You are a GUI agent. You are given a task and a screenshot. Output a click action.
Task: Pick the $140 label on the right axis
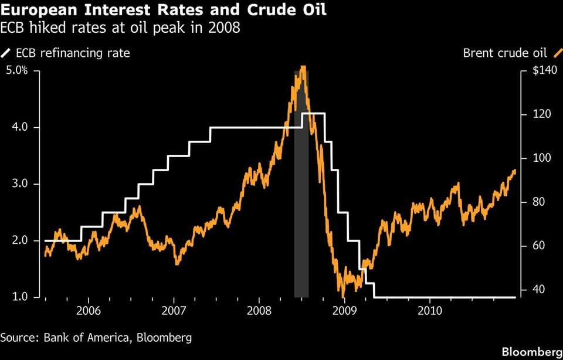coord(545,70)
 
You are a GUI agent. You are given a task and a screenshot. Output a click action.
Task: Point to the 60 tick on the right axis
coord(538,246)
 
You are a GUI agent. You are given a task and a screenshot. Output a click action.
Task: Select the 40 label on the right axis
coord(538,290)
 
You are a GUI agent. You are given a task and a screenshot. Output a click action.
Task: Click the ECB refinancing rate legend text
coord(73,53)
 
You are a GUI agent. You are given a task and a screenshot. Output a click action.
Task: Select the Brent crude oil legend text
coord(505,53)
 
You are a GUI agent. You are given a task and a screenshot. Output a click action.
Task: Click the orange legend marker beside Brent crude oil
coord(557,53)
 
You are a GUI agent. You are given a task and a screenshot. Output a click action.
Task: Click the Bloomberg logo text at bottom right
coord(532,352)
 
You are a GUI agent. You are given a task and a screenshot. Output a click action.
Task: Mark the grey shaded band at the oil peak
coord(301,184)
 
